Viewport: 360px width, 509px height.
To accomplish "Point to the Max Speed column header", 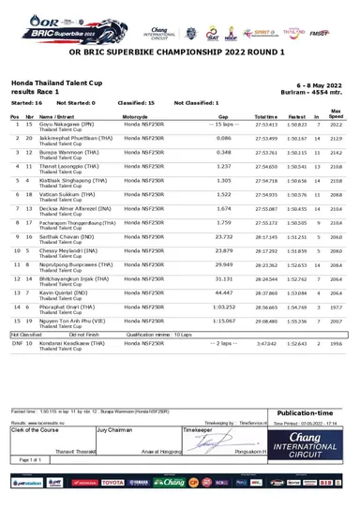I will click(x=337, y=112).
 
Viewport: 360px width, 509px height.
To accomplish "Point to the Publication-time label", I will click(x=309, y=412).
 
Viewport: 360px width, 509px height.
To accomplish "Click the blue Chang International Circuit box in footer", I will click(x=309, y=441).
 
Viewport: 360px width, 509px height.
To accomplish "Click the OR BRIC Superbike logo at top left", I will click(x=47, y=19).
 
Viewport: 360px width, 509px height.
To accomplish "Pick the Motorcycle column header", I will click(x=142, y=115).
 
